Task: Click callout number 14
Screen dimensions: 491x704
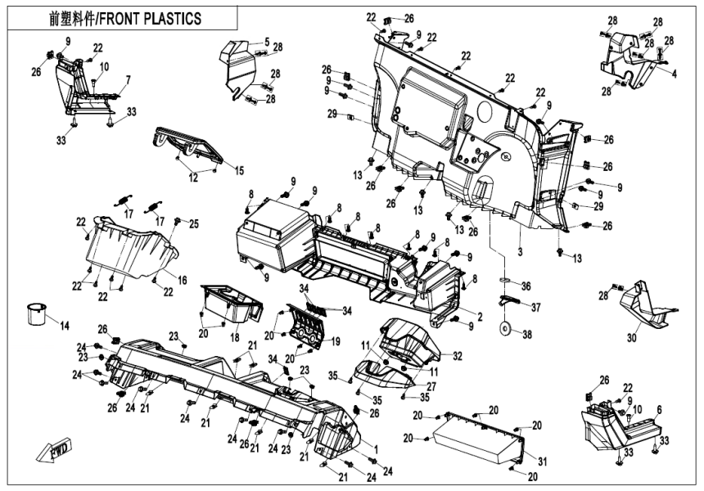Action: click(63, 326)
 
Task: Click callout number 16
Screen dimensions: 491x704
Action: click(182, 280)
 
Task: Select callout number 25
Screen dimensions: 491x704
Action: click(194, 223)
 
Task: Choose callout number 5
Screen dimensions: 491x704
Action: click(266, 41)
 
